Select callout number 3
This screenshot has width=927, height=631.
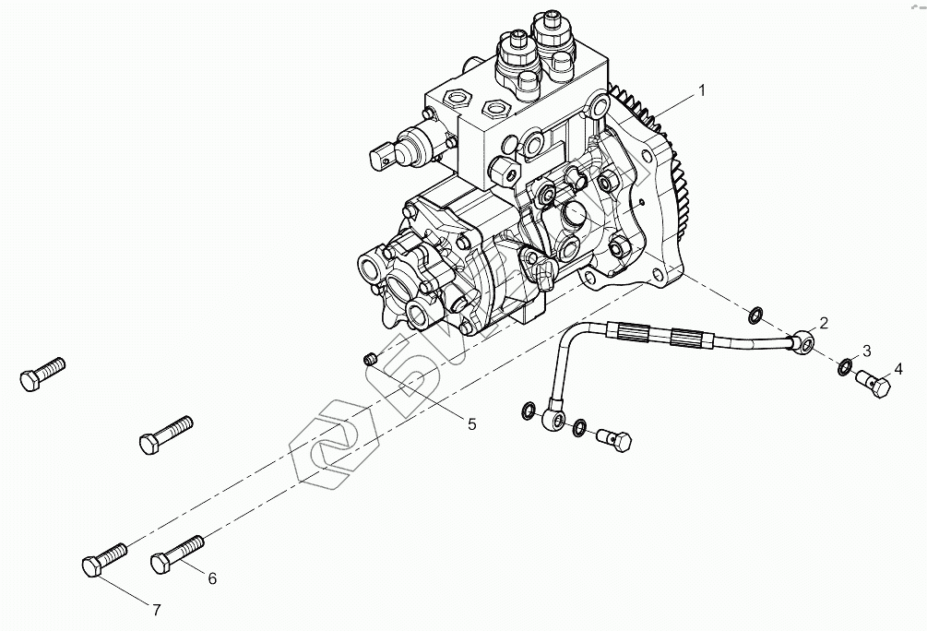[866, 351]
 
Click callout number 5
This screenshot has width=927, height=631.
[471, 424]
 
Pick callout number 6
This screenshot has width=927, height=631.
[211, 578]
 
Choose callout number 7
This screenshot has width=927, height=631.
[156, 610]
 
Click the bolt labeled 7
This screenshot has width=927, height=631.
[104, 559]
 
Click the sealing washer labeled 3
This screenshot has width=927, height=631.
[845, 368]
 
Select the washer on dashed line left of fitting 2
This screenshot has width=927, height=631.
[754, 315]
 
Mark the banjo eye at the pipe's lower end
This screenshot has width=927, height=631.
[554, 421]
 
